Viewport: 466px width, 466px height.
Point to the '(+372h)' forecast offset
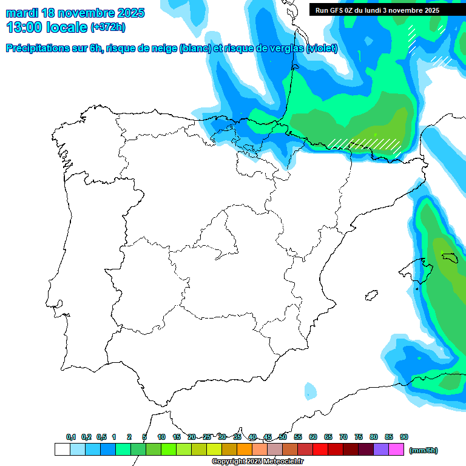[108, 27]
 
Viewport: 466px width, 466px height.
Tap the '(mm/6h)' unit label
[424, 450]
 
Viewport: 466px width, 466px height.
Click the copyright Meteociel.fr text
[257, 462]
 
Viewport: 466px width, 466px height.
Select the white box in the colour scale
[62, 450]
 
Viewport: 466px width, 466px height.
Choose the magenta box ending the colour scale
[396, 450]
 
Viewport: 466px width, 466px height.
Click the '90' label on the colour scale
[404, 437]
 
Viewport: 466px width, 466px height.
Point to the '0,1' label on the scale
[71, 437]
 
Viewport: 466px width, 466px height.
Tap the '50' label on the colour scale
[283, 437]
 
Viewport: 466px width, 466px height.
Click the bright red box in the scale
[320, 450]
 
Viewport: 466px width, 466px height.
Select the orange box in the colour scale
[245, 450]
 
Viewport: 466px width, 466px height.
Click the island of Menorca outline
[450, 257]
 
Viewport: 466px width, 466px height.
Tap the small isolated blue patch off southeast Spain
[311, 390]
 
